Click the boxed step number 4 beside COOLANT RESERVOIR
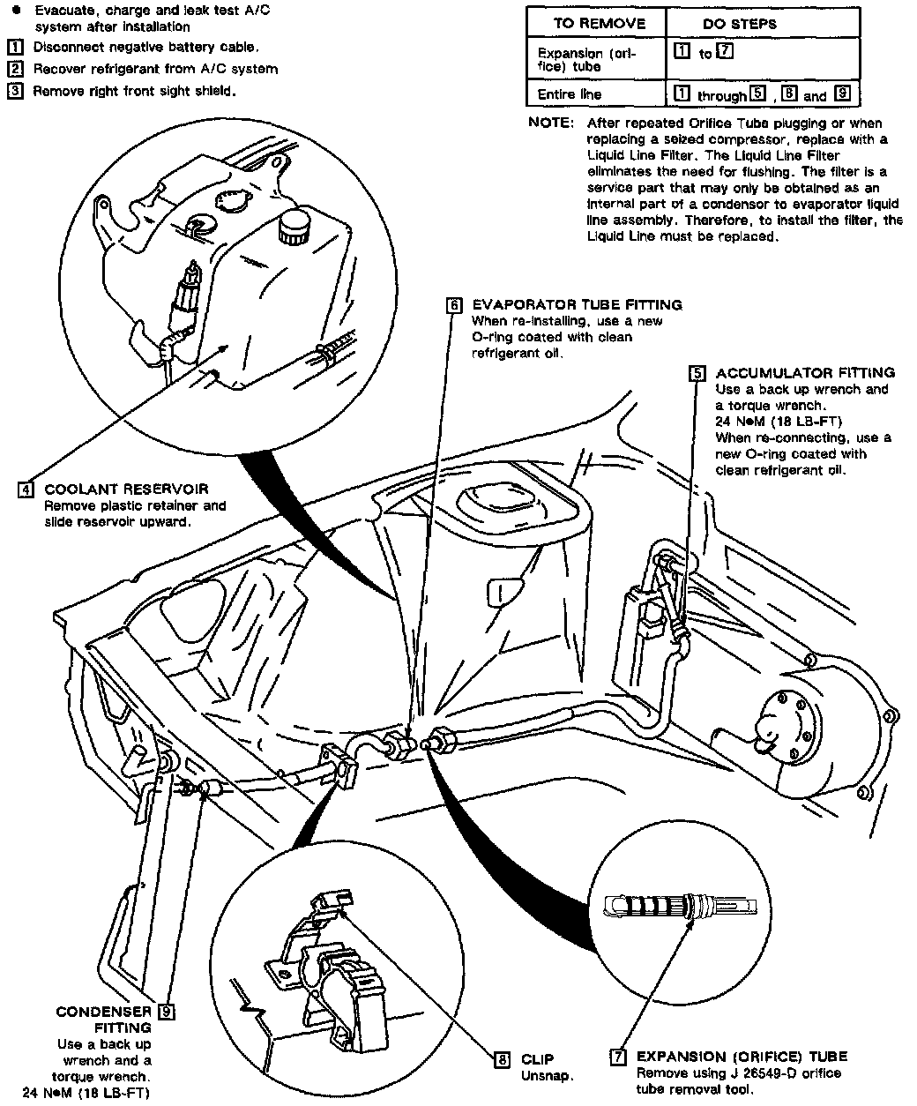point(26,489)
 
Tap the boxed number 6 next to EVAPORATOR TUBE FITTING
point(453,305)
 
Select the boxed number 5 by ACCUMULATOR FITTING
point(697,373)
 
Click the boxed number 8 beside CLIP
point(502,1059)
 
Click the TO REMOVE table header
point(599,24)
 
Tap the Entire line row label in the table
point(570,94)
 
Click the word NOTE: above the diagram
point(551,123)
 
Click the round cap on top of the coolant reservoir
point(290,227)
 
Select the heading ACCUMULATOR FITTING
point(805,373)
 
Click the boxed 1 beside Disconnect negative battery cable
point(15,47)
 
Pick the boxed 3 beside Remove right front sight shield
point(15,91)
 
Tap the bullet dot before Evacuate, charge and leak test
point(16,10)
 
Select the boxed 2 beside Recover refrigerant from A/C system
point(15,69)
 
